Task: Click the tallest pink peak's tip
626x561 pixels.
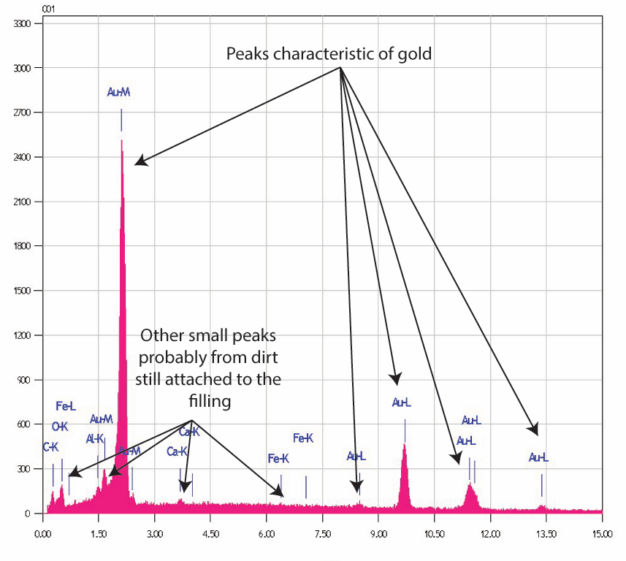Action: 121,141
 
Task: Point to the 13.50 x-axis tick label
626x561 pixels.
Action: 546,534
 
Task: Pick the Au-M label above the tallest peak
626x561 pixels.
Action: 118,92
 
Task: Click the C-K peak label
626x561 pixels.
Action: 50,446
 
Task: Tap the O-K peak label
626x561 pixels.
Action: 59,427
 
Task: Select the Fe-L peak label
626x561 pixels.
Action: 66,406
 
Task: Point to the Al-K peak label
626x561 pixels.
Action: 95,439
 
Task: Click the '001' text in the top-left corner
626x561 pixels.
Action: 9,8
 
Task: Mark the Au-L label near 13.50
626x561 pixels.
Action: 538,458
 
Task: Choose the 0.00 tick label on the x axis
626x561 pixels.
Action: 43,534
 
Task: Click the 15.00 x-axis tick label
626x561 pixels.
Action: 602,534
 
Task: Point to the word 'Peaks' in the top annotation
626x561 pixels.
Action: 246,53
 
